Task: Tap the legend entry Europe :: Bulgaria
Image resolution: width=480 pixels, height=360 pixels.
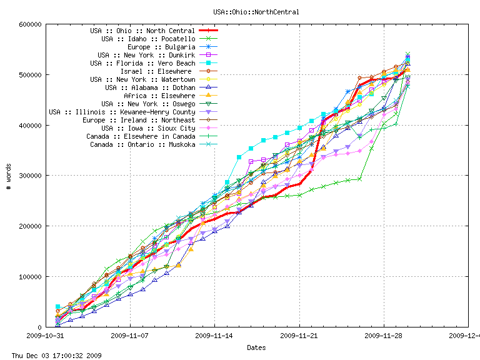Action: [161, 47]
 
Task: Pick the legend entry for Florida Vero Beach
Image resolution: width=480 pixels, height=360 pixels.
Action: [142, 63]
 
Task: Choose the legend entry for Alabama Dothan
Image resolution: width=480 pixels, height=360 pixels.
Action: [150, 87]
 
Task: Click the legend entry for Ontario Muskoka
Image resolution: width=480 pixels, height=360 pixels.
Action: [142, 144]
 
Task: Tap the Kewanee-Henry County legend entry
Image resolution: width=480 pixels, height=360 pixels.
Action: [122, 112]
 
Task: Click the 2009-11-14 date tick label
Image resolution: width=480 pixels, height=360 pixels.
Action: [215, 335]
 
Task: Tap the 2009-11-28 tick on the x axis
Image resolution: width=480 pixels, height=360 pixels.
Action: [384, 335]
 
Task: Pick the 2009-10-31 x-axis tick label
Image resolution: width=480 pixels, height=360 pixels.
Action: [46, 335]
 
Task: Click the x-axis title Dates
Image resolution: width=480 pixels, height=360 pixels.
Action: [256, 347]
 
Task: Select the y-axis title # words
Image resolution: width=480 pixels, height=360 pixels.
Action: [8, 176]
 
